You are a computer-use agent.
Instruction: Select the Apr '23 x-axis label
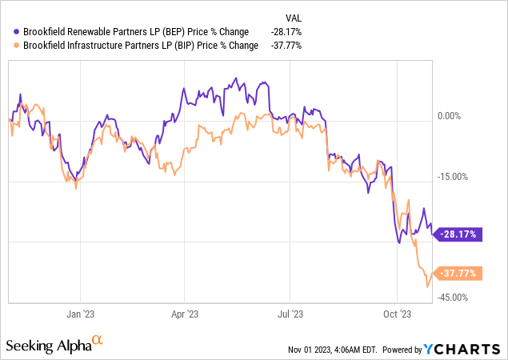click(x=185, y=315)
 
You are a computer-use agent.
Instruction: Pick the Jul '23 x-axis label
click(x=290, y=315)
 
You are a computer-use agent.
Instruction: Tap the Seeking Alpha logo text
click(x=47, y=345)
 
